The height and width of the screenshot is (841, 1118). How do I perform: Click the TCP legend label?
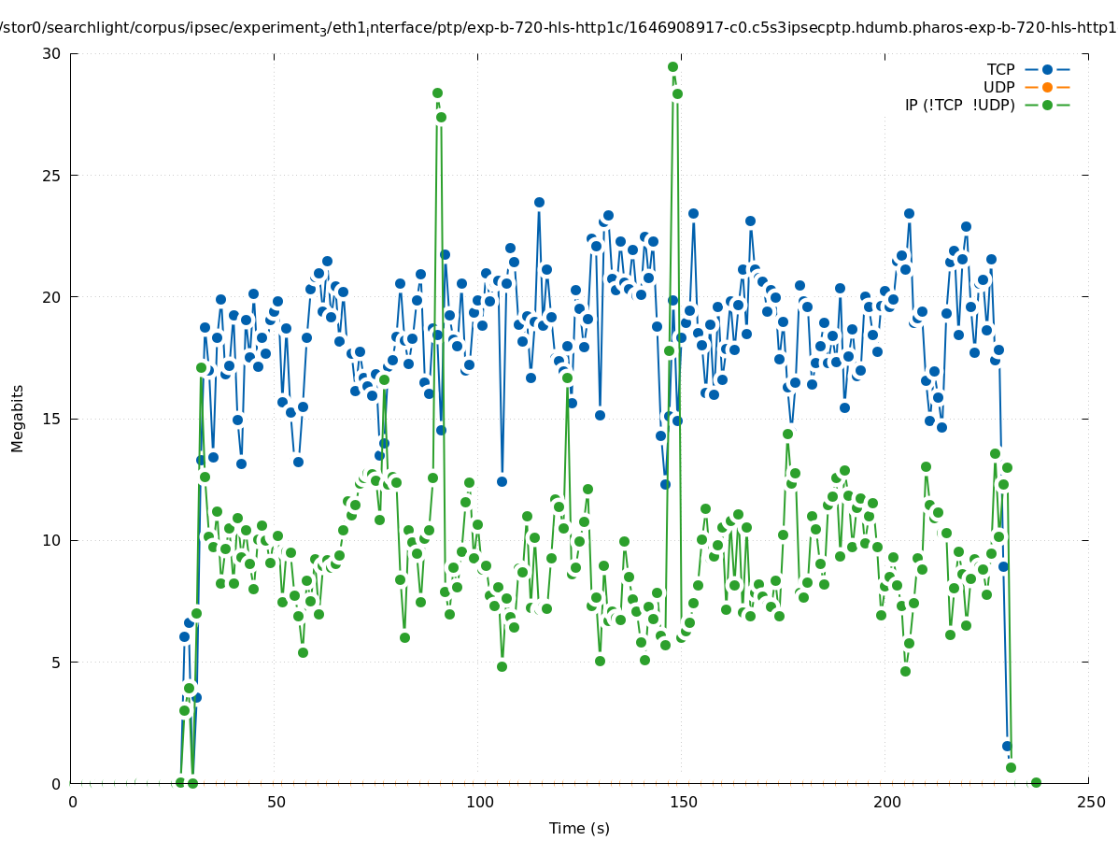[1000, 69]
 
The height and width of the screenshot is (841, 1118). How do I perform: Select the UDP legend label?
[998, 87]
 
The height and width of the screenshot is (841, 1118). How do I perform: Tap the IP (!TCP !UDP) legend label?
[959, 105]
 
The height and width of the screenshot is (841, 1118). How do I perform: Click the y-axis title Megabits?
[18, 418]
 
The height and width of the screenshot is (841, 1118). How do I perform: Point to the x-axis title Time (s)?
[579, 828]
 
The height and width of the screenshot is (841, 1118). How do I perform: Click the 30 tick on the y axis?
[51, 53]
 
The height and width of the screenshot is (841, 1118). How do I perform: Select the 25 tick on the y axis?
[51, 176]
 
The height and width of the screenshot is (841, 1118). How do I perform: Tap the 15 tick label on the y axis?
[51, 419]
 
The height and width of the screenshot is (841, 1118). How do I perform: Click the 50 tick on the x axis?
[276, 802]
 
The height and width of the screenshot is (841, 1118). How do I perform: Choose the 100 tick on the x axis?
[479, 802]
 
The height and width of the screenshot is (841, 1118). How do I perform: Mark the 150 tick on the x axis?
[683, 802]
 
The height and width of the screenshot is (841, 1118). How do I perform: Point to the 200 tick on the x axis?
[886, 802]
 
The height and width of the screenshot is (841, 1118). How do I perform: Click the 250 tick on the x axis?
[1089, 802]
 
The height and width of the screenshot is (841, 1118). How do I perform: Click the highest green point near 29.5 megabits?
[672, 66]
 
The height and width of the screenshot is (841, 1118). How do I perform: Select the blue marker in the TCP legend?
[1047, 69]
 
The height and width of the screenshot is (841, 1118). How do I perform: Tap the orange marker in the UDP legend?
[1047, 87]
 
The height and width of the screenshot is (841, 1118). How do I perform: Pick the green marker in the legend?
[1047, 105]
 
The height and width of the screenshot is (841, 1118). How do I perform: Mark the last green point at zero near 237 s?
[1035, 783]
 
